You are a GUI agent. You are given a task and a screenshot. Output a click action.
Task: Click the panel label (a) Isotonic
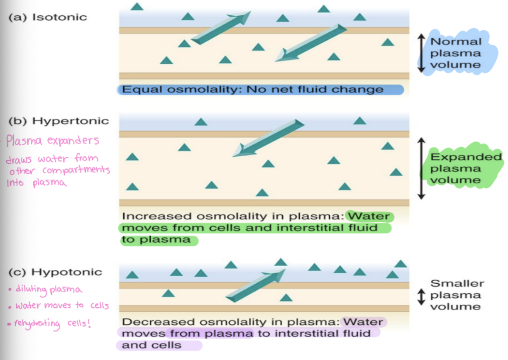coord(48,17)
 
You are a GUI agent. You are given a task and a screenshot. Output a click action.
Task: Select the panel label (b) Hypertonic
coord(59,121)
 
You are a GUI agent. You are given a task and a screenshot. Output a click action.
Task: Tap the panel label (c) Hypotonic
coord(55,272)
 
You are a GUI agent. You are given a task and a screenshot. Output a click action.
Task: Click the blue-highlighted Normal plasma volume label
coord(456,53)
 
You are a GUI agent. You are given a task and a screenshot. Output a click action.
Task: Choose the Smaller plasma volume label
coord(457,295)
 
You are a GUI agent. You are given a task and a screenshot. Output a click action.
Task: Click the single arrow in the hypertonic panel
coord(268,138)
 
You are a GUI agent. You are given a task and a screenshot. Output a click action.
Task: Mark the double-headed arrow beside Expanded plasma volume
coord(422,168)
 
